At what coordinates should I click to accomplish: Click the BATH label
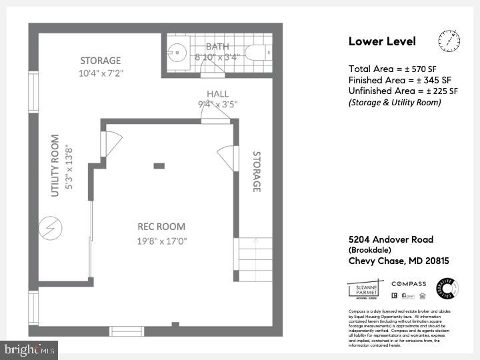pos(217,46)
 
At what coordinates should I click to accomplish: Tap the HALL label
pos(217,94)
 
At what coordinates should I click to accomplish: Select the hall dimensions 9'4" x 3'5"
pos(217,104)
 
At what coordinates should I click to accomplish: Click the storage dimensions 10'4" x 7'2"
pos(101,73)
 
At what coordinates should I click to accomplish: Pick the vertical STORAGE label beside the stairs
pos(255,172)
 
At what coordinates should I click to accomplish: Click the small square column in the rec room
pos(159,165)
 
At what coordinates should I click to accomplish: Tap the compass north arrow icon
pos(449,41)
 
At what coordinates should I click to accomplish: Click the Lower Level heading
pos(382,41)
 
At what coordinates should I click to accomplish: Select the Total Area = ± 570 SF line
pos(393,68)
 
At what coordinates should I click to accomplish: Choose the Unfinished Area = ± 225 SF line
pos(403,91)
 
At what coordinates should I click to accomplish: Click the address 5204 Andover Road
pos(391,239)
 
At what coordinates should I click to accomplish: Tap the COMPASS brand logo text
pos(409,284)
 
